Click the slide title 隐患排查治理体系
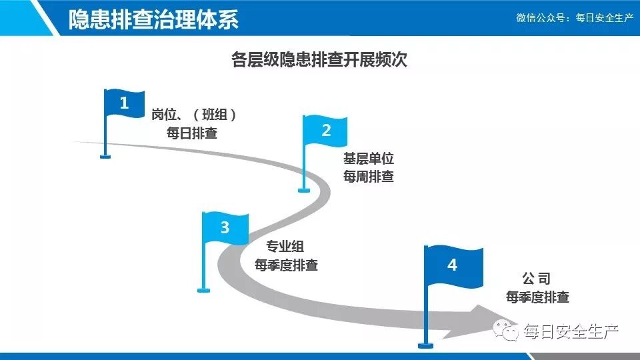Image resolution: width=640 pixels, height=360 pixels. click(x=153, y=19)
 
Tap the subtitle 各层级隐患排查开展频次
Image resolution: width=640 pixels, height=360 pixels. click(x=319, y=61)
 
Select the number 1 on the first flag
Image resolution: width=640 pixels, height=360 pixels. click(x=124, y=103)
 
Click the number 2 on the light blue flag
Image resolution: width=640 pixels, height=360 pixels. click(x=326, y=131)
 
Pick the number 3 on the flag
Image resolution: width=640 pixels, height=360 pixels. click(x=225, y=228)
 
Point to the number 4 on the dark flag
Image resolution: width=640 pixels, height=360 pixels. click(x=453, y=265)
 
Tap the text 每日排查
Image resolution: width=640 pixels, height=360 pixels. click(x=192, y=133)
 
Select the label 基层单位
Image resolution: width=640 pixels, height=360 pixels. click(x=369, y=159)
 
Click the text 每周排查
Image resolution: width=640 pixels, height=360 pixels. click(x=369, y=177)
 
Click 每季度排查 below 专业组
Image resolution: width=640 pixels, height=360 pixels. click(x=286, y=265)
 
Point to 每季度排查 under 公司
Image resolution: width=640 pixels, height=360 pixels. click(x=537, y=297)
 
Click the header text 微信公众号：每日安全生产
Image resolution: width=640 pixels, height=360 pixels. click(x=574, y=18)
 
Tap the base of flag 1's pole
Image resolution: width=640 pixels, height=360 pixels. click(x=105, y=157)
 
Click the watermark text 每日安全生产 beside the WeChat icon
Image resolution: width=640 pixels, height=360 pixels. click(x=571, y=331)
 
